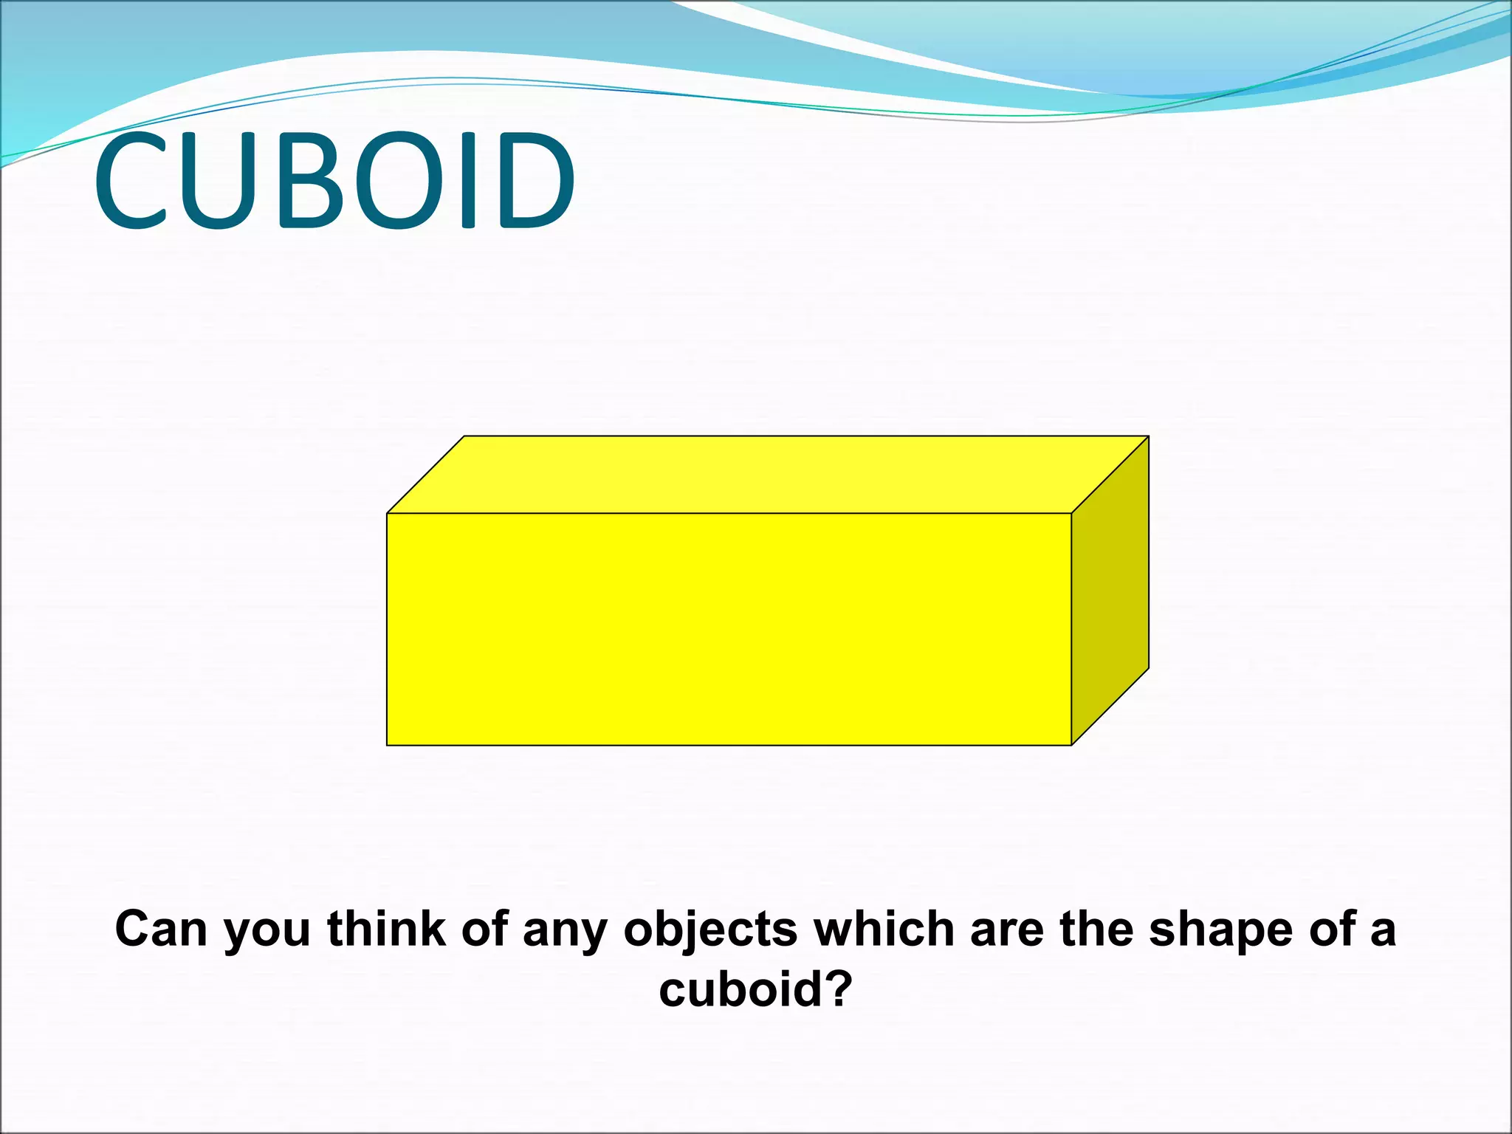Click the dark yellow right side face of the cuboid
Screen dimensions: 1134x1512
click(1110, 591)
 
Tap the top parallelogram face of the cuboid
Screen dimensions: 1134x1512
click(768, 475)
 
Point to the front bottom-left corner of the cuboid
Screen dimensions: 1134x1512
click(387, 746)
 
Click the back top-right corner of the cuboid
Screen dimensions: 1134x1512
click(1149, 436)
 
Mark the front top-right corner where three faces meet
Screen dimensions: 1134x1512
click(1071, 513)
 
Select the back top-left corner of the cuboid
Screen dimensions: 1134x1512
click(464, 436)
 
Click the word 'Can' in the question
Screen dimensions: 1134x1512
click(161, 929)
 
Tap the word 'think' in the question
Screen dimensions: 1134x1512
click(387, 929)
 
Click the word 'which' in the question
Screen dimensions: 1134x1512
click(883, 929)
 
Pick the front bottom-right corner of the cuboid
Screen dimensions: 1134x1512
click(1071, 746)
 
